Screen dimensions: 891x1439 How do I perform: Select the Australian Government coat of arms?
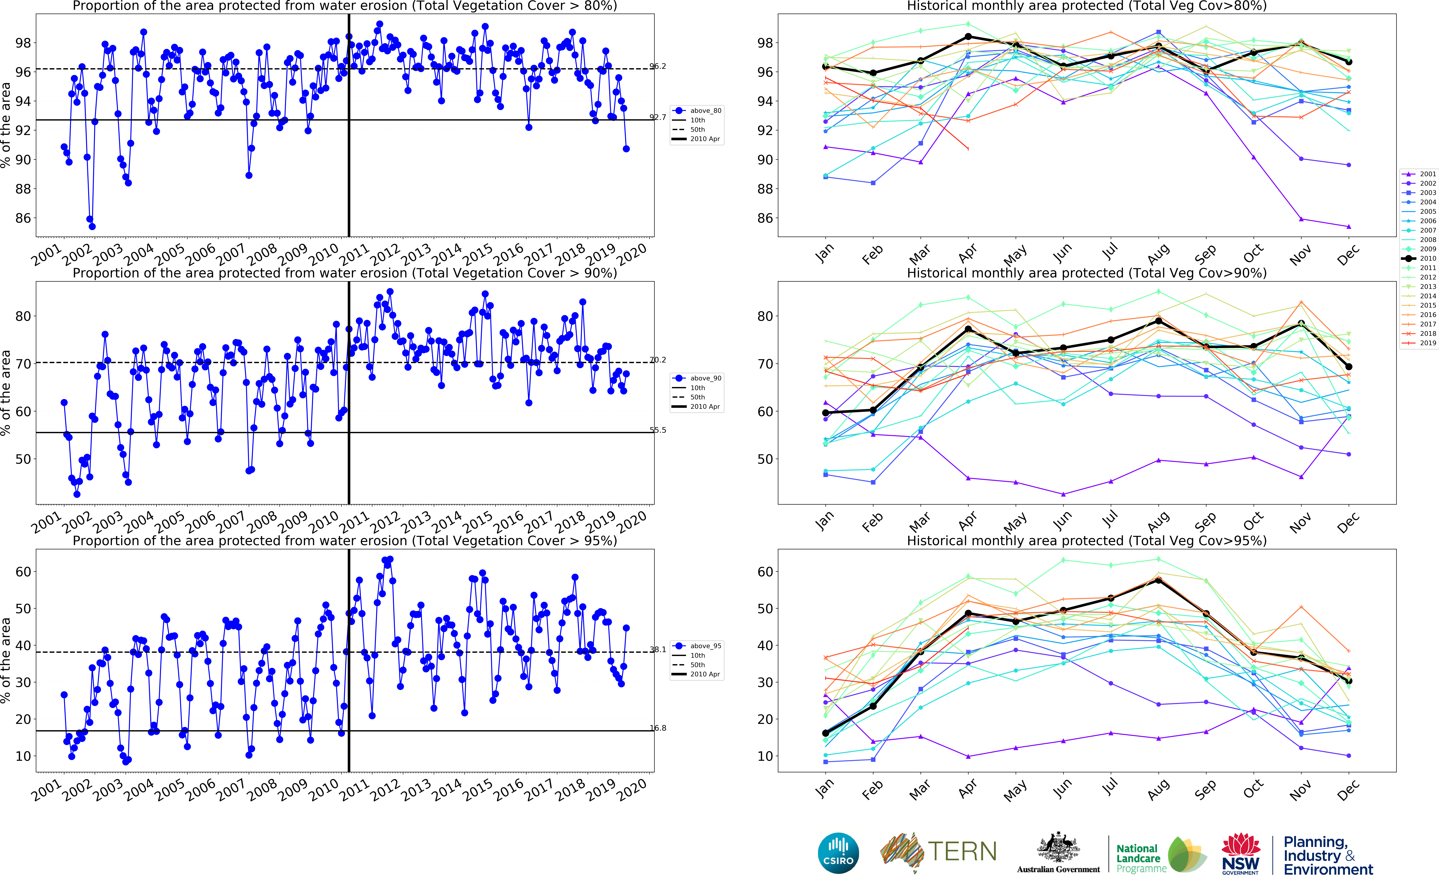click(x=1058, y=849)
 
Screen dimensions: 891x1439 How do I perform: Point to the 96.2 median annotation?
click(x=658, y=66)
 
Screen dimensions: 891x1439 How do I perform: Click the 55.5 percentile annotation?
click(x=658, y=430)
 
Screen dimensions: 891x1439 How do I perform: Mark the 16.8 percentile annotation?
click(x=658, y=728)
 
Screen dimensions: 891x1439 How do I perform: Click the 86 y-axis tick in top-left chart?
click(x=22, y=218)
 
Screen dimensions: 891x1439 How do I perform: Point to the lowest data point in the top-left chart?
click(x=92, y=226)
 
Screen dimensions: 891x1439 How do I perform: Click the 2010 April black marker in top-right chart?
click(x=968, y=37)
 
